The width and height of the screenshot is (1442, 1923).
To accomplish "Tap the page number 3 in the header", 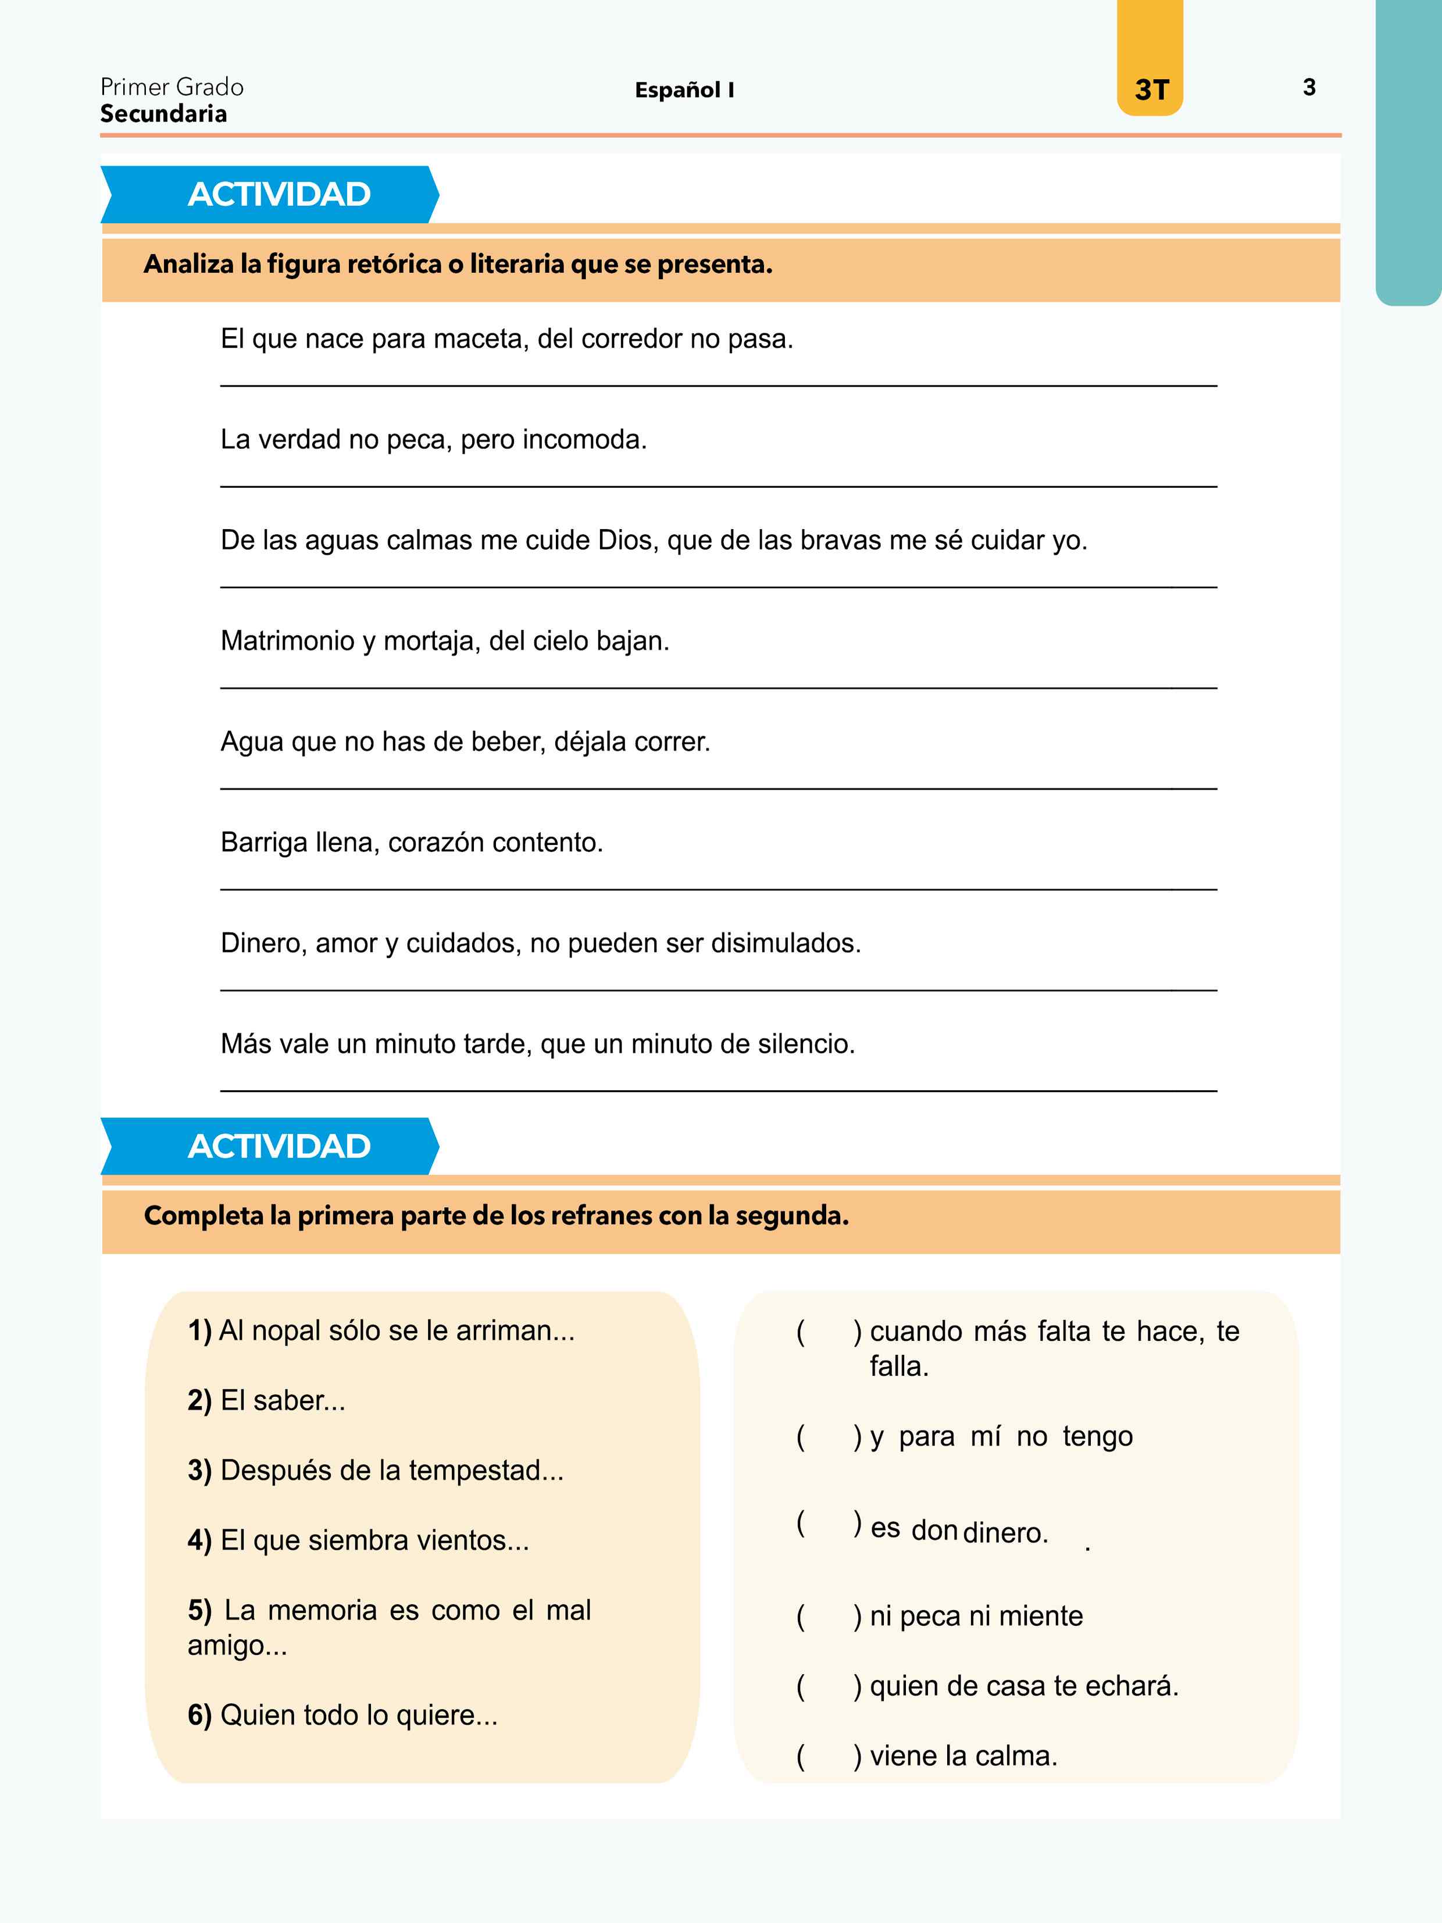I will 1309,87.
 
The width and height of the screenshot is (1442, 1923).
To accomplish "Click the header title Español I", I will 684,90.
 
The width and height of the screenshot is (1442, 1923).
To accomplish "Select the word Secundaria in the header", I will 163,114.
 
